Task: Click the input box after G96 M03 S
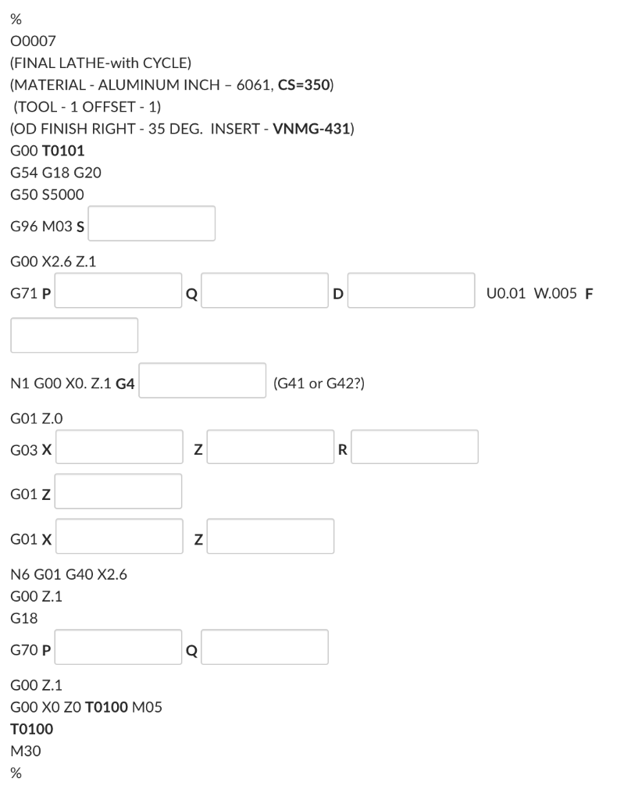(x=155, y=223)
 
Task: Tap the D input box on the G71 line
(x=411, y=291)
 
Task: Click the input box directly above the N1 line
(x=74, y=335)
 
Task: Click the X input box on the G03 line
(x=119, y=446)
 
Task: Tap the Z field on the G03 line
(x=270, y=446)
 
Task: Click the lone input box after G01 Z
(x=119, y=491)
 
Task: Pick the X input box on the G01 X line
(x=119, y=536)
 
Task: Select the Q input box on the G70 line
(x=265, y=647)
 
